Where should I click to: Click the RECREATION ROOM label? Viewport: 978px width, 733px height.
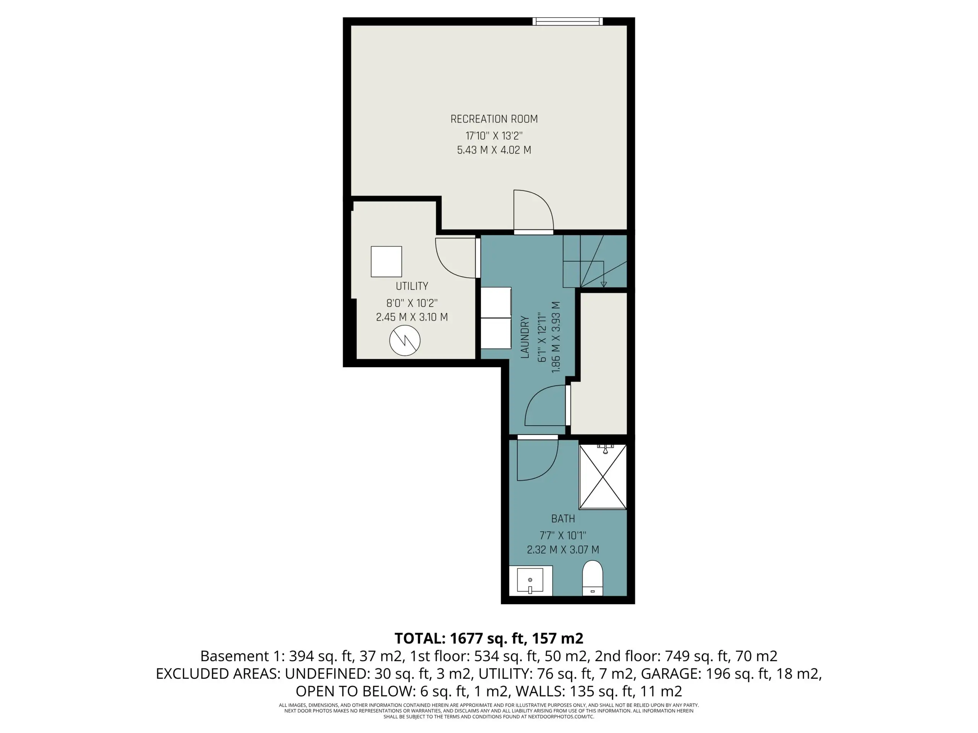pos(494,119)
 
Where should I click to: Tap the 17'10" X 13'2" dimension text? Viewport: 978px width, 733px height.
pos(494,136)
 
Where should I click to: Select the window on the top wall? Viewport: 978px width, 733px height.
pos(567,21)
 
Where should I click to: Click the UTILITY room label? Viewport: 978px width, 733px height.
pos(411,286)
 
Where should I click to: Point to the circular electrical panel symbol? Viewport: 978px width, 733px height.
pos(405,341)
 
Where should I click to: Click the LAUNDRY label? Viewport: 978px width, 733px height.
pos(525,337)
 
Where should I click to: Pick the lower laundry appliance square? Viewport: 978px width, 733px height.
pos(495,332)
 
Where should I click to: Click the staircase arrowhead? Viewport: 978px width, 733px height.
pos(604,284)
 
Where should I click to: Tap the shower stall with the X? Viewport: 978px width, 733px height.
pos(602,477)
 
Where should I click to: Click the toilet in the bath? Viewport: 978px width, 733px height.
pos(593,578)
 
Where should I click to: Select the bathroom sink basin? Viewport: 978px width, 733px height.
pos(530,581)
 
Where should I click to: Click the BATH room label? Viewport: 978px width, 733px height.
pos(563,519)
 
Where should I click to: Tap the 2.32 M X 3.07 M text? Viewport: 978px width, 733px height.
pos(563,550)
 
